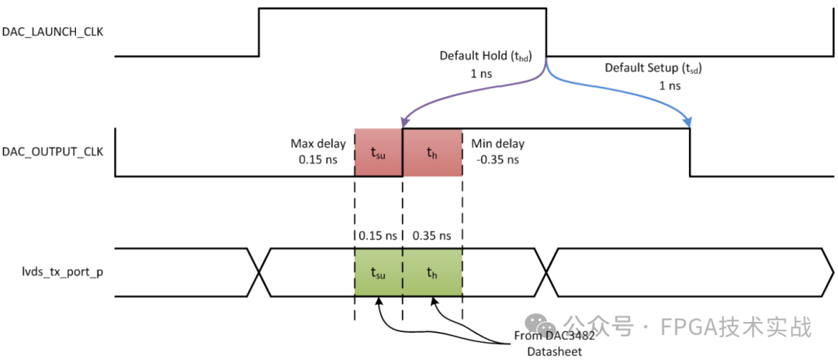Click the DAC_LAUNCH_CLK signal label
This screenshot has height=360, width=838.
point(54,32)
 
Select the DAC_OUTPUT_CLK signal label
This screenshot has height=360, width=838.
point(54,151)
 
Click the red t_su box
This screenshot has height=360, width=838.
point(379,153)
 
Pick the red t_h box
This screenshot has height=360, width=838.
point(432,153)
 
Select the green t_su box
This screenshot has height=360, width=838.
point(379,272)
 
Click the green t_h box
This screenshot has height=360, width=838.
point(432,272)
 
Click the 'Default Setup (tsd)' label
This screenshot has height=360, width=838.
point(653,67)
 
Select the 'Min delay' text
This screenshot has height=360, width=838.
point(497,144)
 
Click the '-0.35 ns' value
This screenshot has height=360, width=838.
point(497,160)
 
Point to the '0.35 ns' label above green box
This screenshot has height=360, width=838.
point(432,234)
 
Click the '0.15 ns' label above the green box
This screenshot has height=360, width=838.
point(378,234)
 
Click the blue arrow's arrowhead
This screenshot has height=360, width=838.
point(688,124)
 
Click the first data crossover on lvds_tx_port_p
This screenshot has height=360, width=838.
point(258,272)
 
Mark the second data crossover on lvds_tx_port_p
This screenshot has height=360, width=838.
point(548,272)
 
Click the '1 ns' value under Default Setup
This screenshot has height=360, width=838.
point(669,85)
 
